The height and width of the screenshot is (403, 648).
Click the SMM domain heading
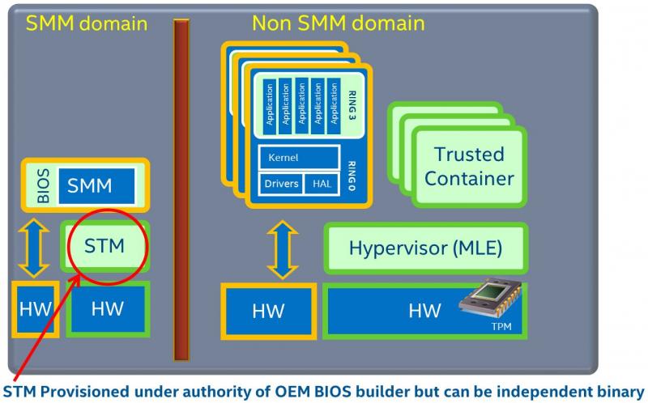pos(87,23)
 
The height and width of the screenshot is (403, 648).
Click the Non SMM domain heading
pos(338,23)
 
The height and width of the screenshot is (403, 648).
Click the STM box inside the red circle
pos(105,244)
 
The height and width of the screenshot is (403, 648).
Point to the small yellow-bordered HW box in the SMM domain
pos(35,308)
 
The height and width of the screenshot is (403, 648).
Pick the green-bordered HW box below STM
pos(108,308)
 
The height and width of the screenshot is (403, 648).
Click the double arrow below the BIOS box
pos(36,244)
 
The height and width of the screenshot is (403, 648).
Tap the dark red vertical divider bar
pos(181,190)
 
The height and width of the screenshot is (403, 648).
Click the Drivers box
pos(281,184)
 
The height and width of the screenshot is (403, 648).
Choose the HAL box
pos(322,184)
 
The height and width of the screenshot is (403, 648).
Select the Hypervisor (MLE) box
pos(425,248)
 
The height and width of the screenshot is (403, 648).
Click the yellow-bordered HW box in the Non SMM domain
pos(268,311)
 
